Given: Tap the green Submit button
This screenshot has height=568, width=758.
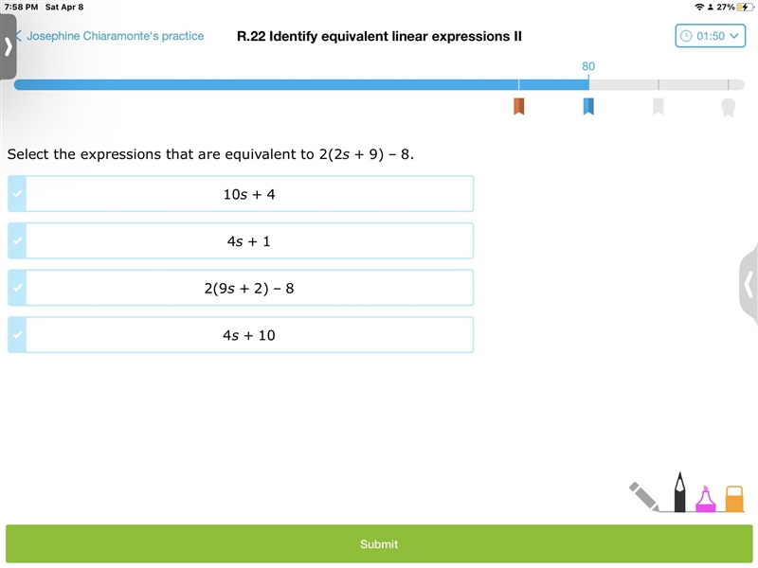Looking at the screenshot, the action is click(x=379, y=543).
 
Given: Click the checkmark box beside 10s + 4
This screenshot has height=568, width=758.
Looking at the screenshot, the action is click(x=17, y=194).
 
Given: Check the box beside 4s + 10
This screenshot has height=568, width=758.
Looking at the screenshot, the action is click(x=17, y=335).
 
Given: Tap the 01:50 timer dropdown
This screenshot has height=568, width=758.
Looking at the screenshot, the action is click(x=710, y=36).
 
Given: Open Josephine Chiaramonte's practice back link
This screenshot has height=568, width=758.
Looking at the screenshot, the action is click(x=110, y=36).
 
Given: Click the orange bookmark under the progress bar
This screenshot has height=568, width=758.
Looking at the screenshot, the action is click(x=518, y=106).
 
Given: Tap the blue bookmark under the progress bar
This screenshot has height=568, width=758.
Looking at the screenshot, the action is click(x=588, y=106).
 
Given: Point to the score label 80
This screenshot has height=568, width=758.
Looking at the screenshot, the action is click(x=588, y=66).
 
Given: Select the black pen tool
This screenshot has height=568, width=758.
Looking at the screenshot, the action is click(x=679, y=491).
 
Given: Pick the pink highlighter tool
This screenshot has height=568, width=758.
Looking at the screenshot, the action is click(x=705, y=499).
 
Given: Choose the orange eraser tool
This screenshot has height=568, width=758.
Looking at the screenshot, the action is click(x=734, y=499).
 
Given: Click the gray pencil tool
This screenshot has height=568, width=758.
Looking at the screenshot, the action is click(x=644, y=496).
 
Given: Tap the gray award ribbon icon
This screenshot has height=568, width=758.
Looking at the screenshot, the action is click(x=728, y=107).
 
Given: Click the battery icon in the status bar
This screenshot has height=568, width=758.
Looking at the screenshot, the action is click(x=745, y=7).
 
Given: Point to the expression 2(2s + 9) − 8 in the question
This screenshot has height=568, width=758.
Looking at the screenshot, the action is click(x=365, y=154).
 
